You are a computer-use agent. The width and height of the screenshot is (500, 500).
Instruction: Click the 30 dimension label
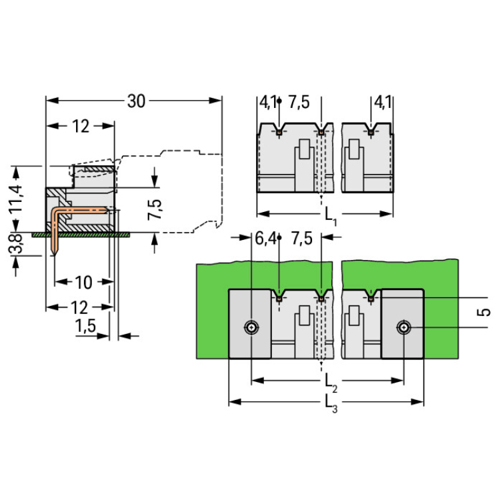point(136,101)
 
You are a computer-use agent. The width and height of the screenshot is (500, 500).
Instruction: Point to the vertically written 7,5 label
point(155,209)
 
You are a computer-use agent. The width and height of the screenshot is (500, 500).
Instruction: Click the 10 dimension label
point(83,283)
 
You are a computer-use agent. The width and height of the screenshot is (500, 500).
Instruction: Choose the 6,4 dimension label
point(264,239)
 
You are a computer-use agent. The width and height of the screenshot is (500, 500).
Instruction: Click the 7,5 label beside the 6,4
point(301,239)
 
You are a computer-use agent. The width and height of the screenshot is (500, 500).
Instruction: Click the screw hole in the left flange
point(251,327)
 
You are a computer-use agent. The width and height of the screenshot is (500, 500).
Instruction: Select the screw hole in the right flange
point(403,327)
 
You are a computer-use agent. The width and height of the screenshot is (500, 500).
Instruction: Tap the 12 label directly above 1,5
point(80,307)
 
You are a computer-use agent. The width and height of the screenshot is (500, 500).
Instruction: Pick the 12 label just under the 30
point(80,126)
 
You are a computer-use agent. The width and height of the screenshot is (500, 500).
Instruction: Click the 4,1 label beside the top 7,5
point(268,102)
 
